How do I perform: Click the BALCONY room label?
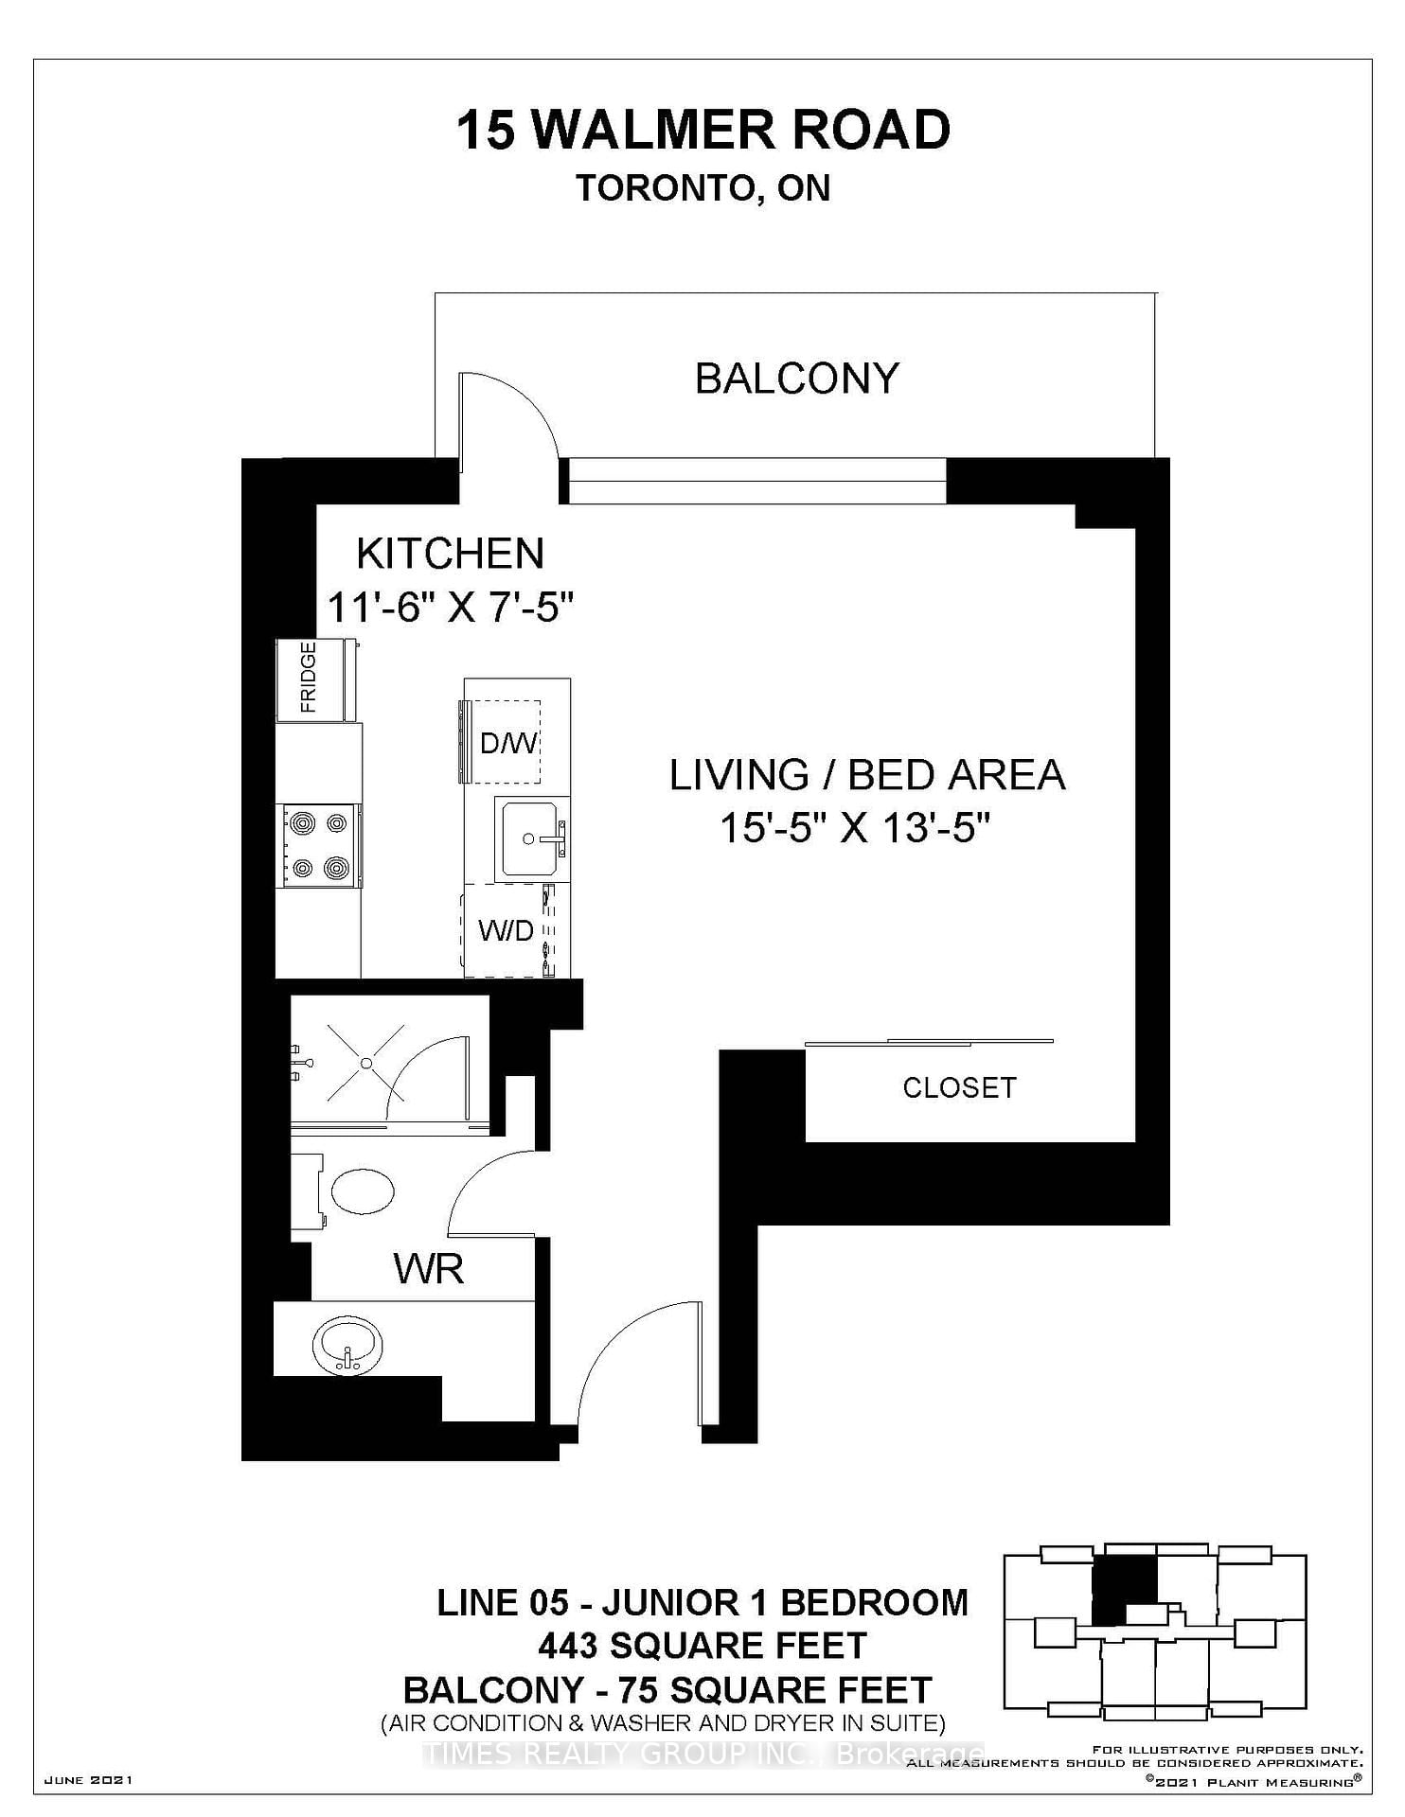tap(796, 379)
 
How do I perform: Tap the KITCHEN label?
tap(451, 554)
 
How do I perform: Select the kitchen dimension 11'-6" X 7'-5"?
tap(451, 607)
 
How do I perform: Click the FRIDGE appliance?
tap(316, 679)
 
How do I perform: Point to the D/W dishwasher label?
tap(507, 743)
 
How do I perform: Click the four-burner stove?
tap(318, 845)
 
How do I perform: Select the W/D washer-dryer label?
tap(506, 931)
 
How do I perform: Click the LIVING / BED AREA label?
tap(867, 775)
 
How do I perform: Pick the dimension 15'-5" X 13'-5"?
tap(855, 829)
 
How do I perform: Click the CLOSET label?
tap(959, 1087)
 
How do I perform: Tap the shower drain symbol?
tap(366, 1063)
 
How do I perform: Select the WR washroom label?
tap(429, 1269)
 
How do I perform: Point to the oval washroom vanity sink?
tap(347, 1345)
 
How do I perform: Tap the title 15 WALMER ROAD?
tap(703, 131)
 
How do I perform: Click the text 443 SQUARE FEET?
tap(702, 1646)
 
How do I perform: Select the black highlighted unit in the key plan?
tap(1125, 1591)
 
